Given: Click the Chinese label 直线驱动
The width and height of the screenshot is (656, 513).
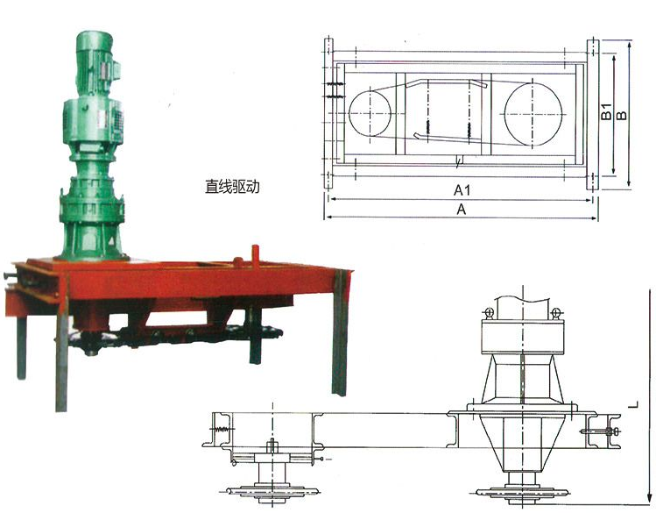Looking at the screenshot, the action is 232,187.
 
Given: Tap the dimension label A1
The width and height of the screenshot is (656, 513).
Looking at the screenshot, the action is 462,190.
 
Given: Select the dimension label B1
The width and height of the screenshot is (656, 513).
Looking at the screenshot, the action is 606,112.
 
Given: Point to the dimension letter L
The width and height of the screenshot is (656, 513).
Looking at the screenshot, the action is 635,404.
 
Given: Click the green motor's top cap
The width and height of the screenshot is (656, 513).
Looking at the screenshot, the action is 94,38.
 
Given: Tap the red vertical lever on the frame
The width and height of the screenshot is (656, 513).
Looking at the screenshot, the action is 255,259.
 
